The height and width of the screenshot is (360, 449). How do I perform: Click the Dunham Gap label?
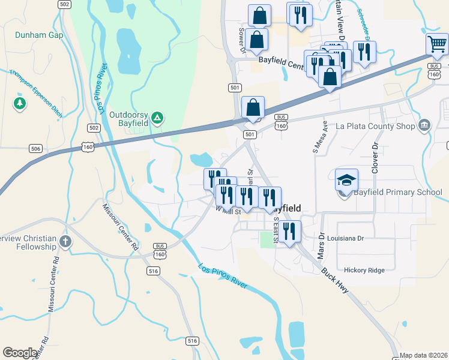tap(39, 35)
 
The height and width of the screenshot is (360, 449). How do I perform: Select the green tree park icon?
tap(20, 104)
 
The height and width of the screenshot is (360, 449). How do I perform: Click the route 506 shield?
tap(36, 148)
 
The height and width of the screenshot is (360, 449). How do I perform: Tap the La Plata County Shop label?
tap(375, 126)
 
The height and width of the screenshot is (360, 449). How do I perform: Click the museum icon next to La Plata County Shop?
tap(424, 125)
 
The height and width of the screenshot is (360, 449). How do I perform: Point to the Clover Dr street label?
tap(376, 158)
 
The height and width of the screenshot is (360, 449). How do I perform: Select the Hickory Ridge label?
tap(364, 270)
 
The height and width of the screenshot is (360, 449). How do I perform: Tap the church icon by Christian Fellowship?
tap(65, 242)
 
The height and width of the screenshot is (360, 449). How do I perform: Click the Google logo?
tap(20, 353)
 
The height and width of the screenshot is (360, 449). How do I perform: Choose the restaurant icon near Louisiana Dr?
tap(290, 230)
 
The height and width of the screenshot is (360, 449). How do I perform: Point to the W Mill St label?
tap(228, 211)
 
